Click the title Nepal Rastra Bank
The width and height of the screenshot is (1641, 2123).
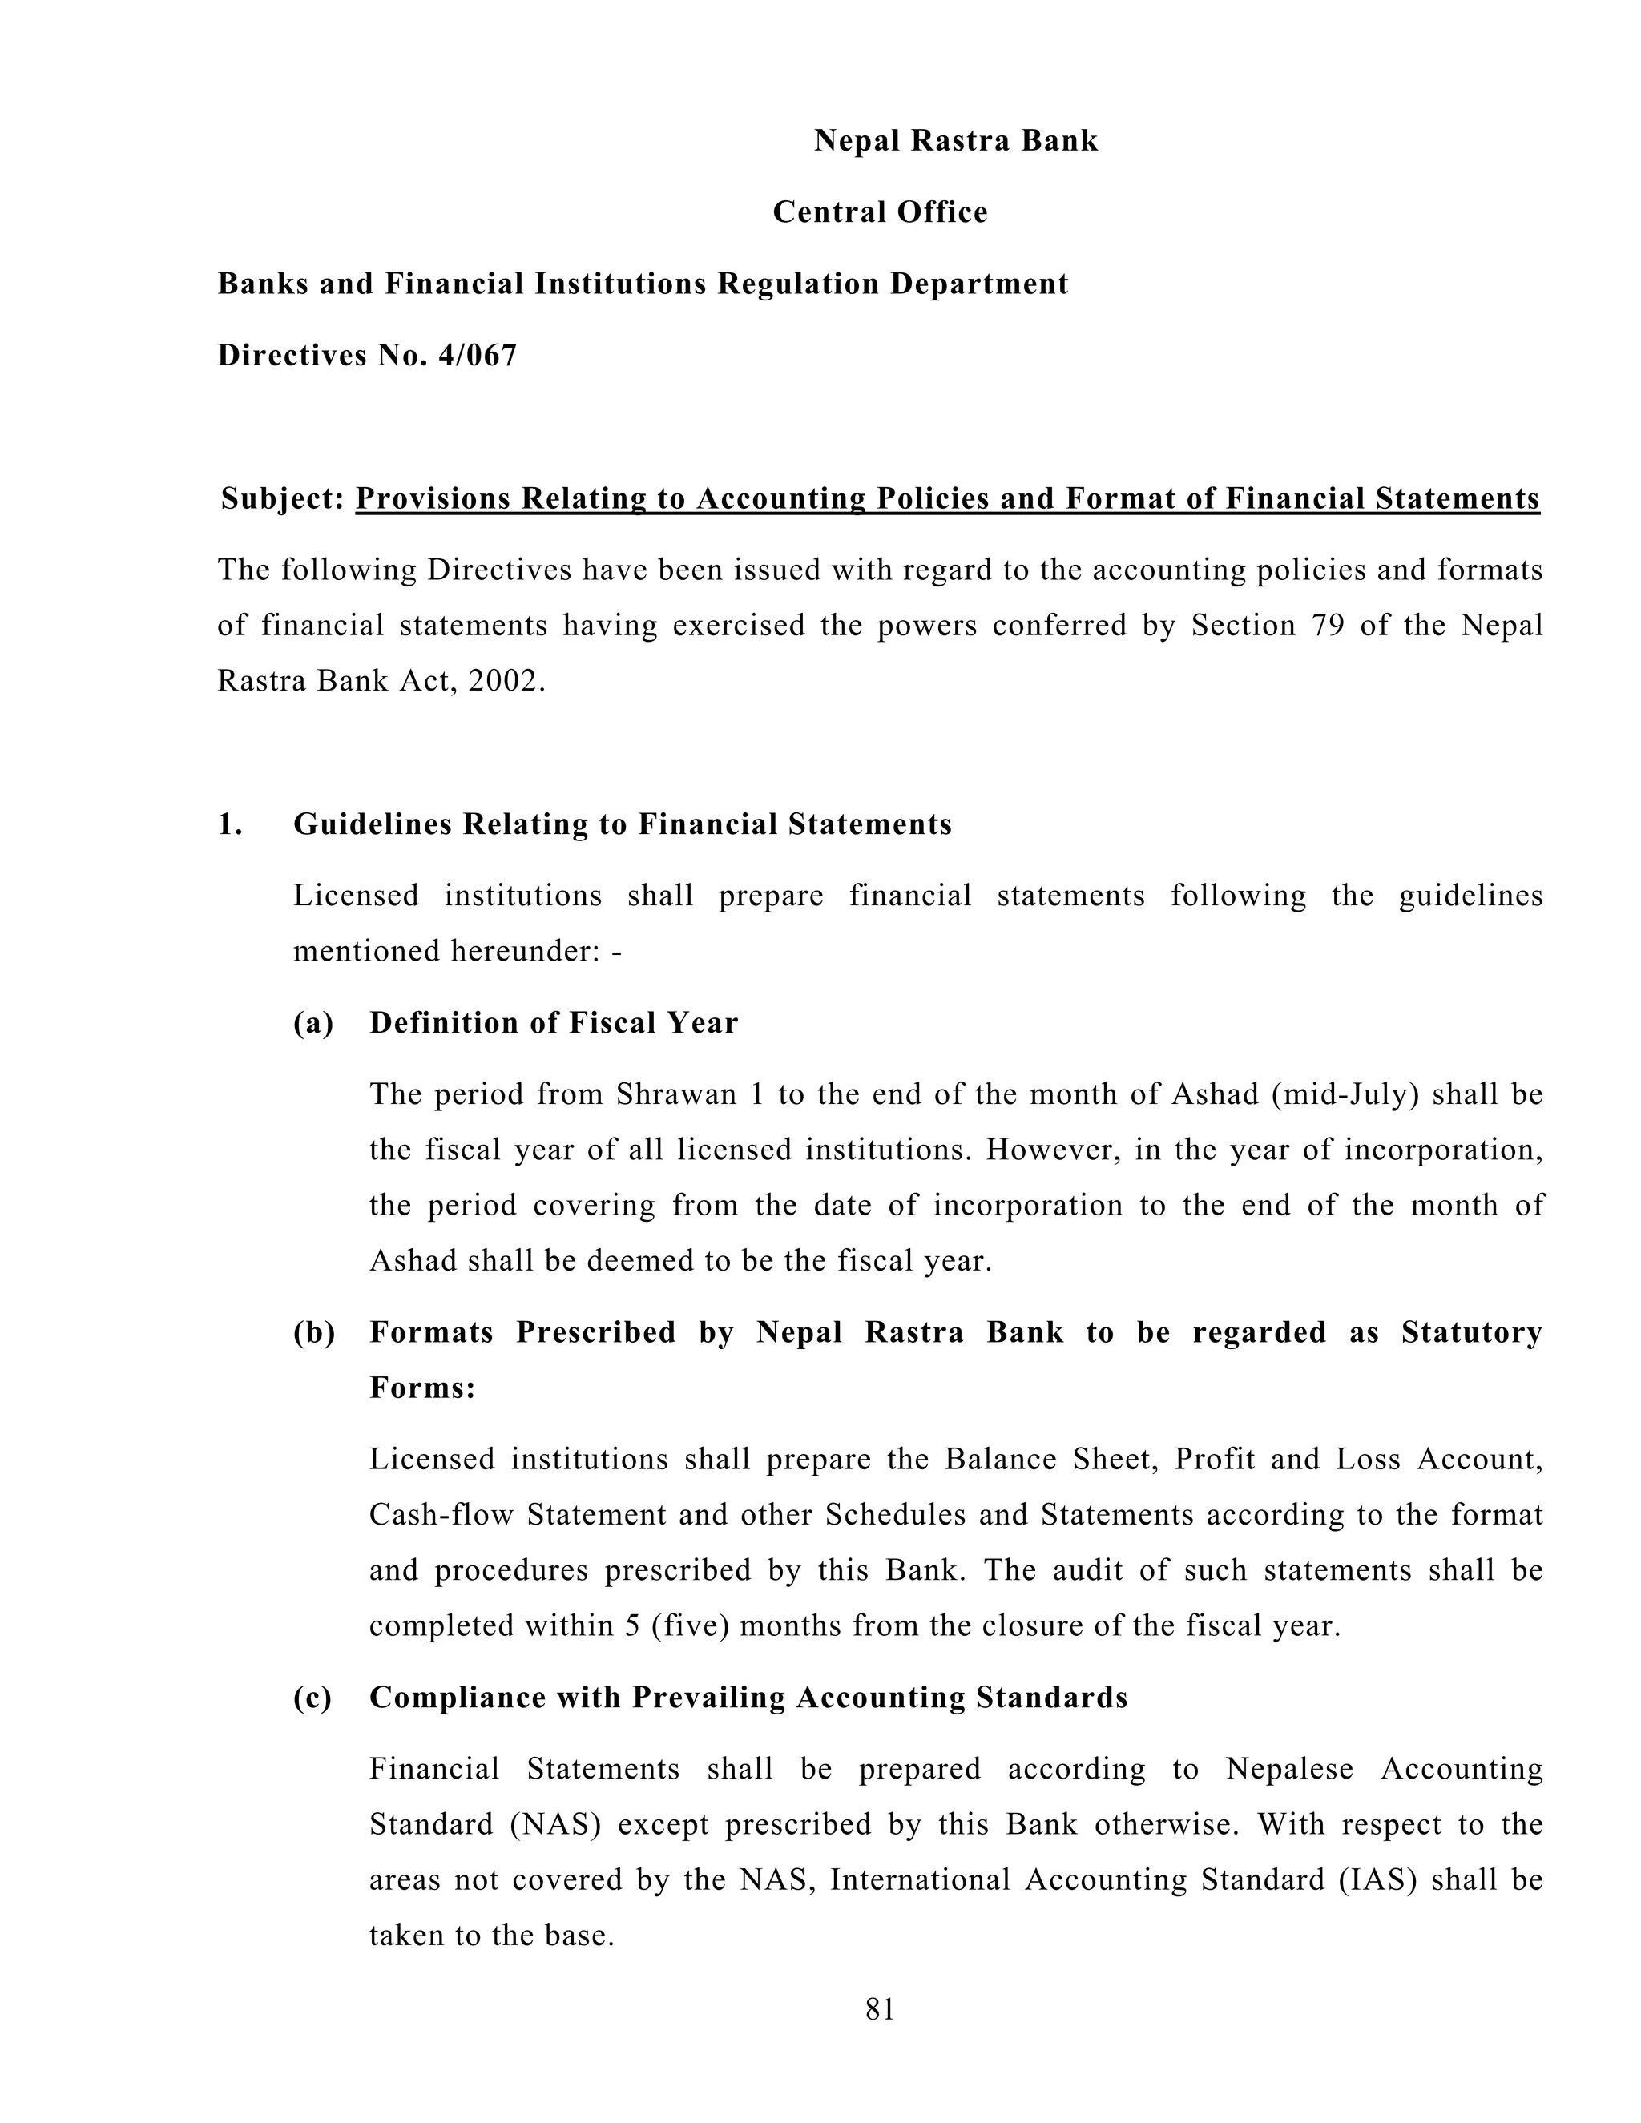[x=956, y=141]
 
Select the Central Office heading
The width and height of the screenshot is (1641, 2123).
[x=880, y=212]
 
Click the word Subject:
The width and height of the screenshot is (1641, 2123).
[x=283, y=498]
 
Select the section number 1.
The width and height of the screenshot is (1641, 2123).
[x=229, y=824]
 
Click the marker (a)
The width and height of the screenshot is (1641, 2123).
[x=313, y=1022]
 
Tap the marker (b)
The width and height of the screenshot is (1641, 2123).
[x=314, y=1331]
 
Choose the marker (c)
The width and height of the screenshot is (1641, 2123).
[x=312, y=1698]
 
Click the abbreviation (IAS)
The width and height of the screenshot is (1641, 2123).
[x=1377, y=1880]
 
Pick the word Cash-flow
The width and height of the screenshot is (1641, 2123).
[x=441, y=1514]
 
